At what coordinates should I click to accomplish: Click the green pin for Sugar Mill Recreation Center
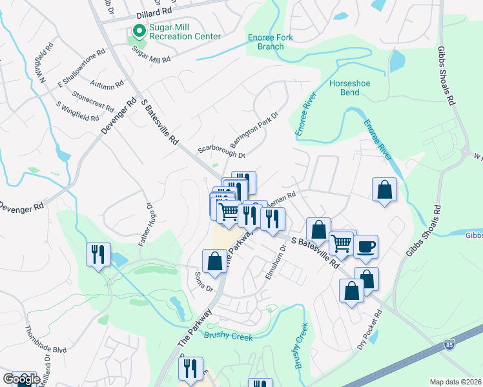(138, 31)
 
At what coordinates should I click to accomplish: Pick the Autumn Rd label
(107, 84)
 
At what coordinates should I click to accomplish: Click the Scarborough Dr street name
(221, 152)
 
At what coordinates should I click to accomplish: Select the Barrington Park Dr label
(255, 127)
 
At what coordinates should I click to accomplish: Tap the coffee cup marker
(365, 246)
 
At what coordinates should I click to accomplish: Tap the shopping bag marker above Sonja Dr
(214, 261)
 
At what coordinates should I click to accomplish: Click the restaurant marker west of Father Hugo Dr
(98, 253)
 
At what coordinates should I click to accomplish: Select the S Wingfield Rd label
(77, 112)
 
